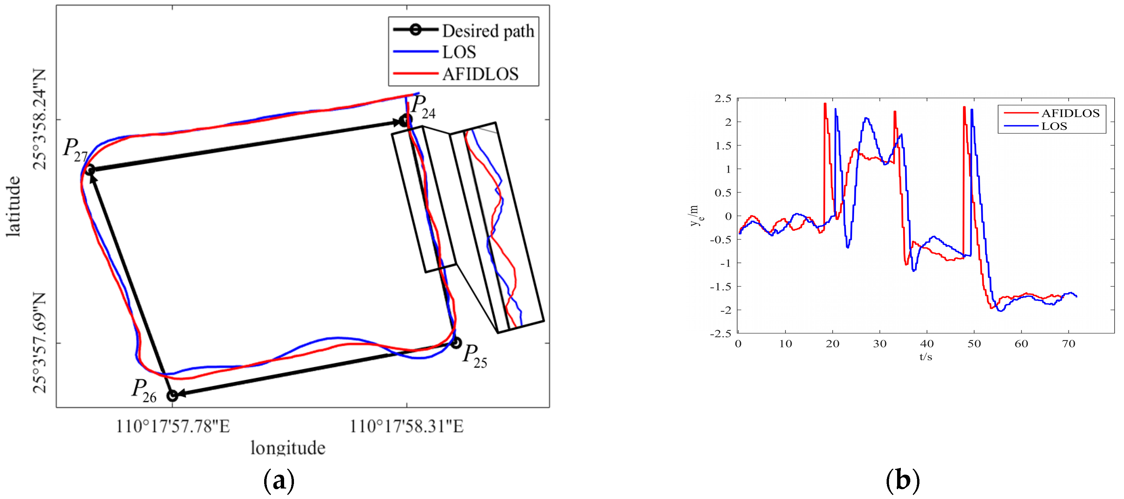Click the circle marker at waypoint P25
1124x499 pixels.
coord(455,343)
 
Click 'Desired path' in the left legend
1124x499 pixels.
coord(488,31)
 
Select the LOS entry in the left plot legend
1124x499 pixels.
coord(459,52)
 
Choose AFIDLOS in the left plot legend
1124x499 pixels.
coord(480,74)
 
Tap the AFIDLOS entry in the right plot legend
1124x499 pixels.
coord(1070,113)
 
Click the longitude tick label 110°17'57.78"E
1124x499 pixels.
coord(173,426)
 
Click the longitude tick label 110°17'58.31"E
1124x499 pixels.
coord(407,426)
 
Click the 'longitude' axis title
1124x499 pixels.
coord(288,448)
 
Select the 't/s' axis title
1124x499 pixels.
coord(926,357)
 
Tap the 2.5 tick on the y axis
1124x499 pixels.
coord(723,99)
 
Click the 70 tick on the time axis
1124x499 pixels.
coord(1068,344)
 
